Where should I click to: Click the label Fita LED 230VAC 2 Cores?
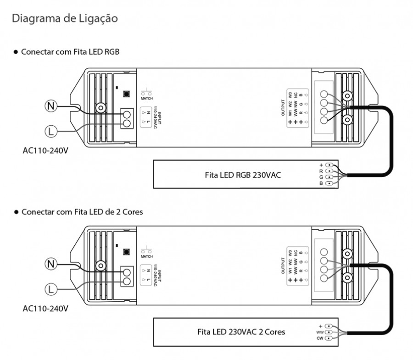point(241,331)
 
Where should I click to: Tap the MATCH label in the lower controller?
point(147,256)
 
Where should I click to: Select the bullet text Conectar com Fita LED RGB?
point(70,52)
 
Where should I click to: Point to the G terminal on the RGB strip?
point(329,177)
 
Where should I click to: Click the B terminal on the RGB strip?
point(329,183)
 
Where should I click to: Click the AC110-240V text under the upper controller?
point(45,150)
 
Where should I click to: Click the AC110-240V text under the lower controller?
point(45,308)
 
